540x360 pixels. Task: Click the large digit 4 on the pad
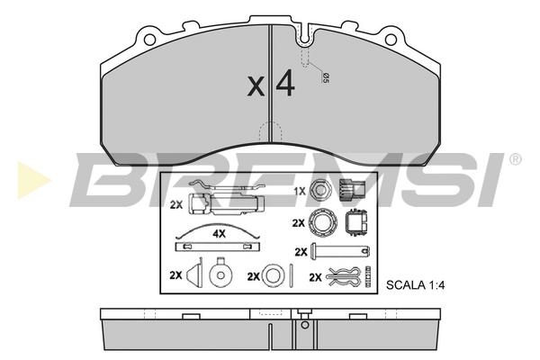click(x=285, y=83)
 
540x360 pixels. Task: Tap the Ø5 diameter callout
click(x=325, y=77)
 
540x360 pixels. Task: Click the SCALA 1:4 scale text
click(x=415, y=285)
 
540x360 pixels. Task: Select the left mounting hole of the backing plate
click(x=149, y=40)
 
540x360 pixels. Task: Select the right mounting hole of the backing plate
click(x=391, y=40)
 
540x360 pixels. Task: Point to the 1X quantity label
click(x=300, y=191)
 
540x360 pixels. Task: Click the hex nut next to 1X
click(x=320, y=190)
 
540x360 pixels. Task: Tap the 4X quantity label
click(x=219, y=234)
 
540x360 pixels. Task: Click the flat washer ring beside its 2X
click(x=273, y=275)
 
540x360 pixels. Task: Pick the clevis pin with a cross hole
click(x=340, y=251)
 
